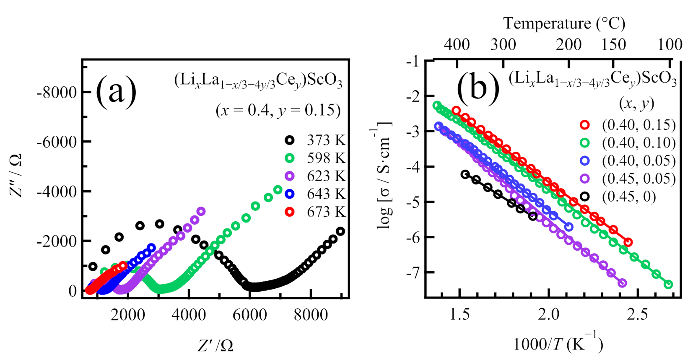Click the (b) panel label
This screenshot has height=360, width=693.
click(x=478, y=88)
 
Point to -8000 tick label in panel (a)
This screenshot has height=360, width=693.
click(x=57, y=92)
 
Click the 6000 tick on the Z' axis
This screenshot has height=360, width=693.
click(x=249, y=315)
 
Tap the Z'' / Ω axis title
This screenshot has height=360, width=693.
click(x=16, y=175)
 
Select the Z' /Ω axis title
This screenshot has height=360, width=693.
click(x=215, y=345)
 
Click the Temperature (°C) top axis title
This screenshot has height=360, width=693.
click(x=564, y=23)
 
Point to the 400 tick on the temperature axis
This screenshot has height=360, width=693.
click(x=457, y=44)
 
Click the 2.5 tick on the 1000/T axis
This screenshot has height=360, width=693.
click(x=637, y=314)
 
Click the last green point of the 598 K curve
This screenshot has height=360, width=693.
click(x=278, y=190)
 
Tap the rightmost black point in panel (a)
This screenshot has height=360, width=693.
click(x=340, y=231)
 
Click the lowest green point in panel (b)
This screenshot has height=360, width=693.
click(x=669, y=285)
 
